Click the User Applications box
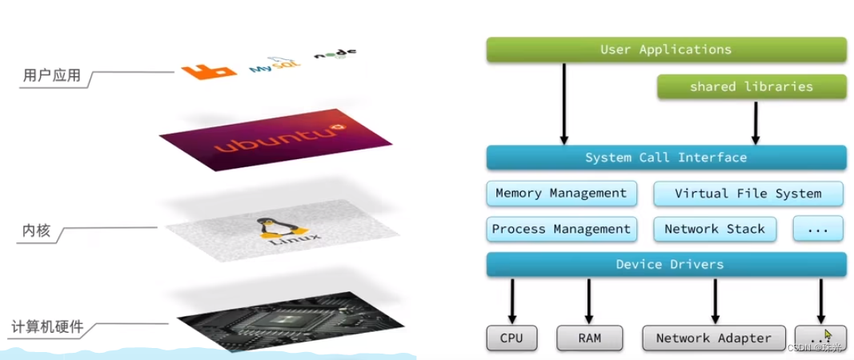click(x=666, y=50)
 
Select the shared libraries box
click(x=751, y=86)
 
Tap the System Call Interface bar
click(x=666, y=157)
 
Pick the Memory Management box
click(x=561, y=193)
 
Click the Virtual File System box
click(x=748, y=193)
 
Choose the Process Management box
click(x=561, y=229)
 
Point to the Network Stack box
click(x=715, y=229)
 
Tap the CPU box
click(x=511, y=338)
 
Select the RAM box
click(x=589, y=338)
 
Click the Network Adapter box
click(x=714, y=338)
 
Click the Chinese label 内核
click(x=36, y=231)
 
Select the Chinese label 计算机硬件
click(x=47, y=327)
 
